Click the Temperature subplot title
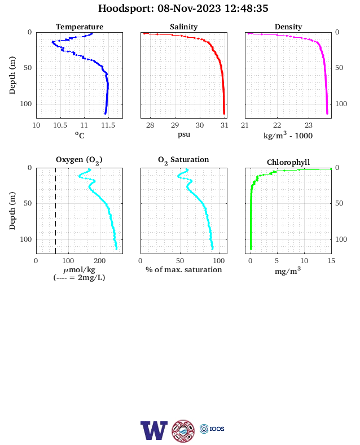point(80,27)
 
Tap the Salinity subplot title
point(184,27)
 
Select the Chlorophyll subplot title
point(288,162)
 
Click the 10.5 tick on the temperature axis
point(60,125)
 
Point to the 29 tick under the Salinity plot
point(175,125)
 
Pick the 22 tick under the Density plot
point(277,125)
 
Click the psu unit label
point(184,134)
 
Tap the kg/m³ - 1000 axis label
point(288,135)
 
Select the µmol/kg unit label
point(79,269)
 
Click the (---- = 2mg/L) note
point(79,277)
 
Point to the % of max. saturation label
point(184,269)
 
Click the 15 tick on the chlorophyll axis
point(331,261)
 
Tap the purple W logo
point(154,430)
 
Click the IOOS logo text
point(217,429)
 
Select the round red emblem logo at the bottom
point(183,431)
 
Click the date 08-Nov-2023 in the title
point(189,8)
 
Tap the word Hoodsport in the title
point(126,8)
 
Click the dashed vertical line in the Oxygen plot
point(55,211)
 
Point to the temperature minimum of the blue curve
point(52,42)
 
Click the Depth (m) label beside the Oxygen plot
point(12,211)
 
